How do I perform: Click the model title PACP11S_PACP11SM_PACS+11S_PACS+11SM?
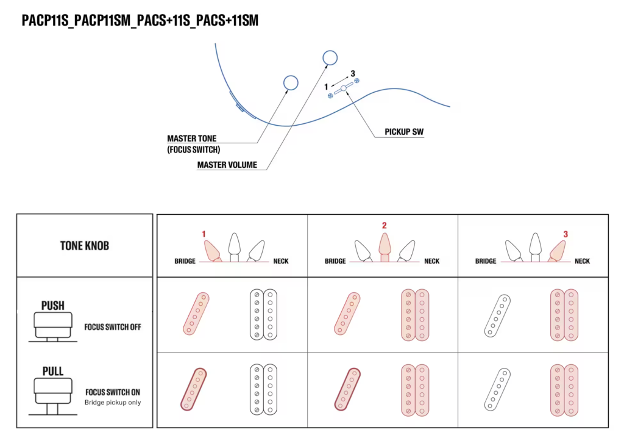140,21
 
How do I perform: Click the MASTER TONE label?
191,138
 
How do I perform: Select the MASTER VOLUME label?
227,165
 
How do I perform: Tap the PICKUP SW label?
403,132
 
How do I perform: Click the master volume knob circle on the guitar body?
330,57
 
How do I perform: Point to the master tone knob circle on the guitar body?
291,82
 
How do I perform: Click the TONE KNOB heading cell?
84,245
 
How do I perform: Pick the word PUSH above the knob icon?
52,306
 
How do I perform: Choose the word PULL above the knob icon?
52,372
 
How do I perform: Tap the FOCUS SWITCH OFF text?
113,327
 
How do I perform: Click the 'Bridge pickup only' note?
113,403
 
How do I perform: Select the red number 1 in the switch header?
204,234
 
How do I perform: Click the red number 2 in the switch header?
384,226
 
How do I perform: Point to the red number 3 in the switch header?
565,234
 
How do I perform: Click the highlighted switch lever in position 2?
384,246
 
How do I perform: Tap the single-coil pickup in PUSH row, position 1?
197,314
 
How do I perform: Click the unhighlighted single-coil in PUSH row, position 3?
497,315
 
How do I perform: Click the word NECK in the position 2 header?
431,261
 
